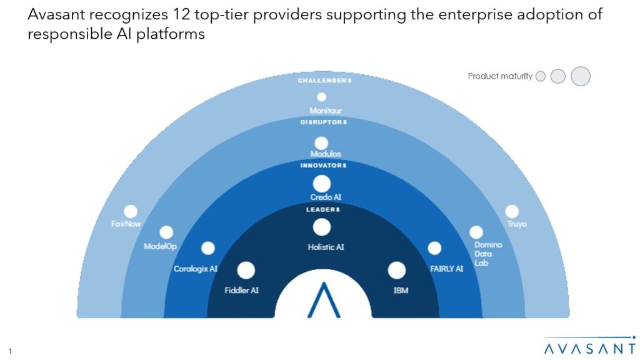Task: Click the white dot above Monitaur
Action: click(322, 97)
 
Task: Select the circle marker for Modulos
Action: click(321, 143)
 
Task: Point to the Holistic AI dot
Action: click(322, 227)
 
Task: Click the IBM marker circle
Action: click(396, 271)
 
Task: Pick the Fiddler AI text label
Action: click(241, 290)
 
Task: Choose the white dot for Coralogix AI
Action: click(208, 248)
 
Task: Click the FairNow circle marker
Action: click(131, 212)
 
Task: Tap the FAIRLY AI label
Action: click(446, 269)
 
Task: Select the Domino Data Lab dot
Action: click(476, 232)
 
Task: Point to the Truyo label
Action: click(517, 224)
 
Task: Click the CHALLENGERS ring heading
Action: click(322, 81)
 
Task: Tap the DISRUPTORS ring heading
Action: click(322, 122)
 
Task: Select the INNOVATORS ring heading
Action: click(322, 165)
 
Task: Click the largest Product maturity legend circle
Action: click(581, 76)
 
